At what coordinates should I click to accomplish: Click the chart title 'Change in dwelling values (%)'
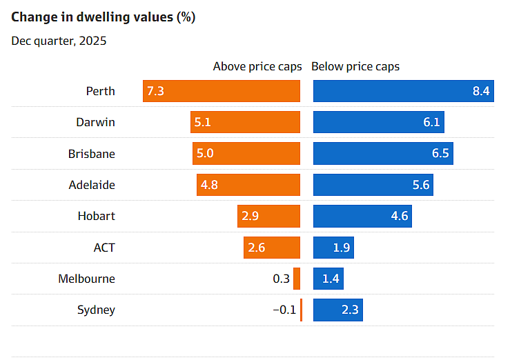(104, 17)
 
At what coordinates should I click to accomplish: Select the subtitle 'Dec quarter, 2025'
(59, 40)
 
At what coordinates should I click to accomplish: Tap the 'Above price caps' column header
(257, 67)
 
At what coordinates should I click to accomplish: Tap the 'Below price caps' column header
(355, 67)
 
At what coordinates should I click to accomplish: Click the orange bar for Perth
(222, 91)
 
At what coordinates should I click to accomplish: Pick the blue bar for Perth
(403, 91)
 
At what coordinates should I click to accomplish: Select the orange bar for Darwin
(245, 122)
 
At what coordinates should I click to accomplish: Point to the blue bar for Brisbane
(384, 153)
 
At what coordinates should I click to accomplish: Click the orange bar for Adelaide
(248, 185)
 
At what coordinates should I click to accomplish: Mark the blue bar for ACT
(333, 248)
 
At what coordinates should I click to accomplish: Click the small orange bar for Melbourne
(297, 279)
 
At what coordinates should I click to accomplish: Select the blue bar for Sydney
(337, 310)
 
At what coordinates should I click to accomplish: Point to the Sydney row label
(96, 310)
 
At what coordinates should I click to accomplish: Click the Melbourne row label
(86, 279)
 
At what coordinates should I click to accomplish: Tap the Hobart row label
(96, 216)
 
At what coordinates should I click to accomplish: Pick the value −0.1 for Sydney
(284, 310)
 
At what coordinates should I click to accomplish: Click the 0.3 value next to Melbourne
(281, 279)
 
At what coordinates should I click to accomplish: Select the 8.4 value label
(481, 91)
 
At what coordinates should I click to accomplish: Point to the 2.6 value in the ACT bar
(257, 248)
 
